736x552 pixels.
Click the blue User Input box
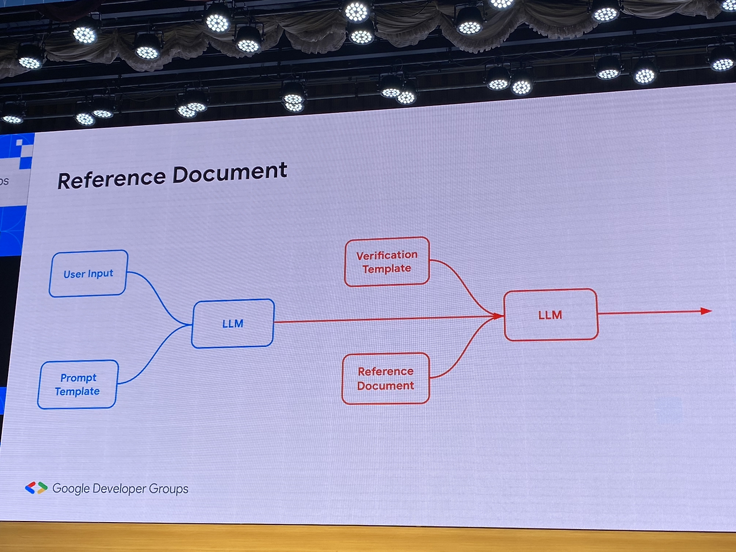(x=88, y=274)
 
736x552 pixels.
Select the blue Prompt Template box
(x=78, y=385)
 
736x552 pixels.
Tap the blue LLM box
(x=233, y=324)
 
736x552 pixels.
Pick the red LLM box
(x=550, y=315)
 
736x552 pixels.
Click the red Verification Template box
(x=387, y=262)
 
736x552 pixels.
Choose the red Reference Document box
(x=385, y=378)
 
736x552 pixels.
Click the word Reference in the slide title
(x=112, y=179)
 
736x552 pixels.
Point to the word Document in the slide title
(x=229, y=172)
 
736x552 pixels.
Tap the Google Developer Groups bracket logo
(x=36, y=488)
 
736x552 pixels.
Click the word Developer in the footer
(x=119, y=489)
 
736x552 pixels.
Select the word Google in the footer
(x=71, y=489)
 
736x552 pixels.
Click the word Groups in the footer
(x=168, y=489)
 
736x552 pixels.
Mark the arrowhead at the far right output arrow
(x=707, y=311)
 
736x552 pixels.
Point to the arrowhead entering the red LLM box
(x=497, y=316)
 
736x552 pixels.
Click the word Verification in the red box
(x=387, y=255)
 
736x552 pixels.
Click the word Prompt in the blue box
(x=78, y=378)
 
